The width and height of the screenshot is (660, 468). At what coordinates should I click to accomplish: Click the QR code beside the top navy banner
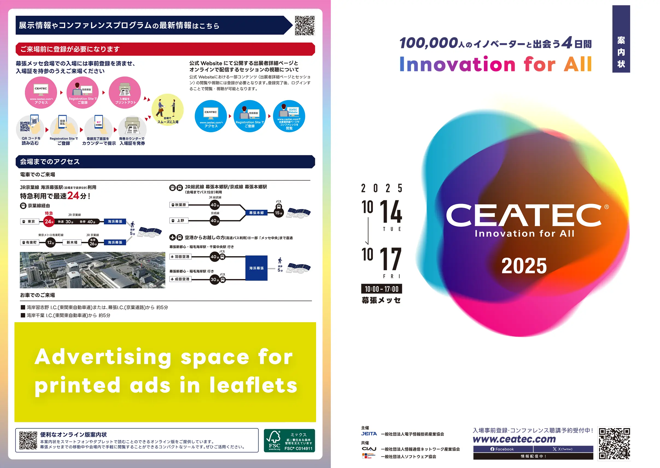point(305,25)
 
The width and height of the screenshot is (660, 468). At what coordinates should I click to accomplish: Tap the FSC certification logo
point(289,440)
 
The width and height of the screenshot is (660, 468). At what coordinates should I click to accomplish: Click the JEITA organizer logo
point(369,434)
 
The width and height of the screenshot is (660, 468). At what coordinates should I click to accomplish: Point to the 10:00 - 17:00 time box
point(381,289)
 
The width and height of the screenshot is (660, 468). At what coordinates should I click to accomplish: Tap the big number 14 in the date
point(391,212)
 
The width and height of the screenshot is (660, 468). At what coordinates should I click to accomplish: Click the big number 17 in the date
point(391,259)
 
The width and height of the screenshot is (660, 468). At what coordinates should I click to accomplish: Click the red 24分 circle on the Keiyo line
point(49,221)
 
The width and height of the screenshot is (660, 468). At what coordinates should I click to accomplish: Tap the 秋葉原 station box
point(179,205)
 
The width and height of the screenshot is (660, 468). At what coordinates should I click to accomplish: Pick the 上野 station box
point(179,221)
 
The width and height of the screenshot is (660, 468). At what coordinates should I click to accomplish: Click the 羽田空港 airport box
point(181,257)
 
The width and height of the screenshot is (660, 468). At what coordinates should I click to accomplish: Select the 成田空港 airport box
point(181,279)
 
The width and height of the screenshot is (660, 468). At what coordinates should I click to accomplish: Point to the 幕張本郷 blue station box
point(256,213)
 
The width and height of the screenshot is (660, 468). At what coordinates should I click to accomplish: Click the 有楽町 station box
point(30,242)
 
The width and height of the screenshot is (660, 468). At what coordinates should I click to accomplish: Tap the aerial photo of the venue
point(92,270)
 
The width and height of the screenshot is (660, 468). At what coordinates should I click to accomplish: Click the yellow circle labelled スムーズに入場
point(167,110)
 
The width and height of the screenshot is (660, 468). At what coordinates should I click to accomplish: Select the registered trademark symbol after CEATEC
point(606,207)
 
